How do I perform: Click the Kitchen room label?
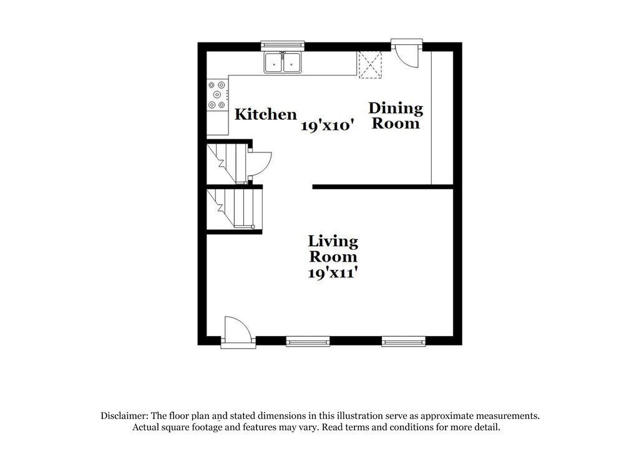click(265, 115)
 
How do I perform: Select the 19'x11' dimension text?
click(333, 273)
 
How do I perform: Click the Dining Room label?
click(396, 116)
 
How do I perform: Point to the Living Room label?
click(333, 249)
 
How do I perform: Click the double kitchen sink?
click(283, 63)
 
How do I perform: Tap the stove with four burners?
click(217, 96)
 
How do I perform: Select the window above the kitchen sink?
click(283, 44)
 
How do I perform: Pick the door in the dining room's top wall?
click(407, 52)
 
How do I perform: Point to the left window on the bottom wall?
click(308, 341)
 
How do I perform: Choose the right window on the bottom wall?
click(403, 341)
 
